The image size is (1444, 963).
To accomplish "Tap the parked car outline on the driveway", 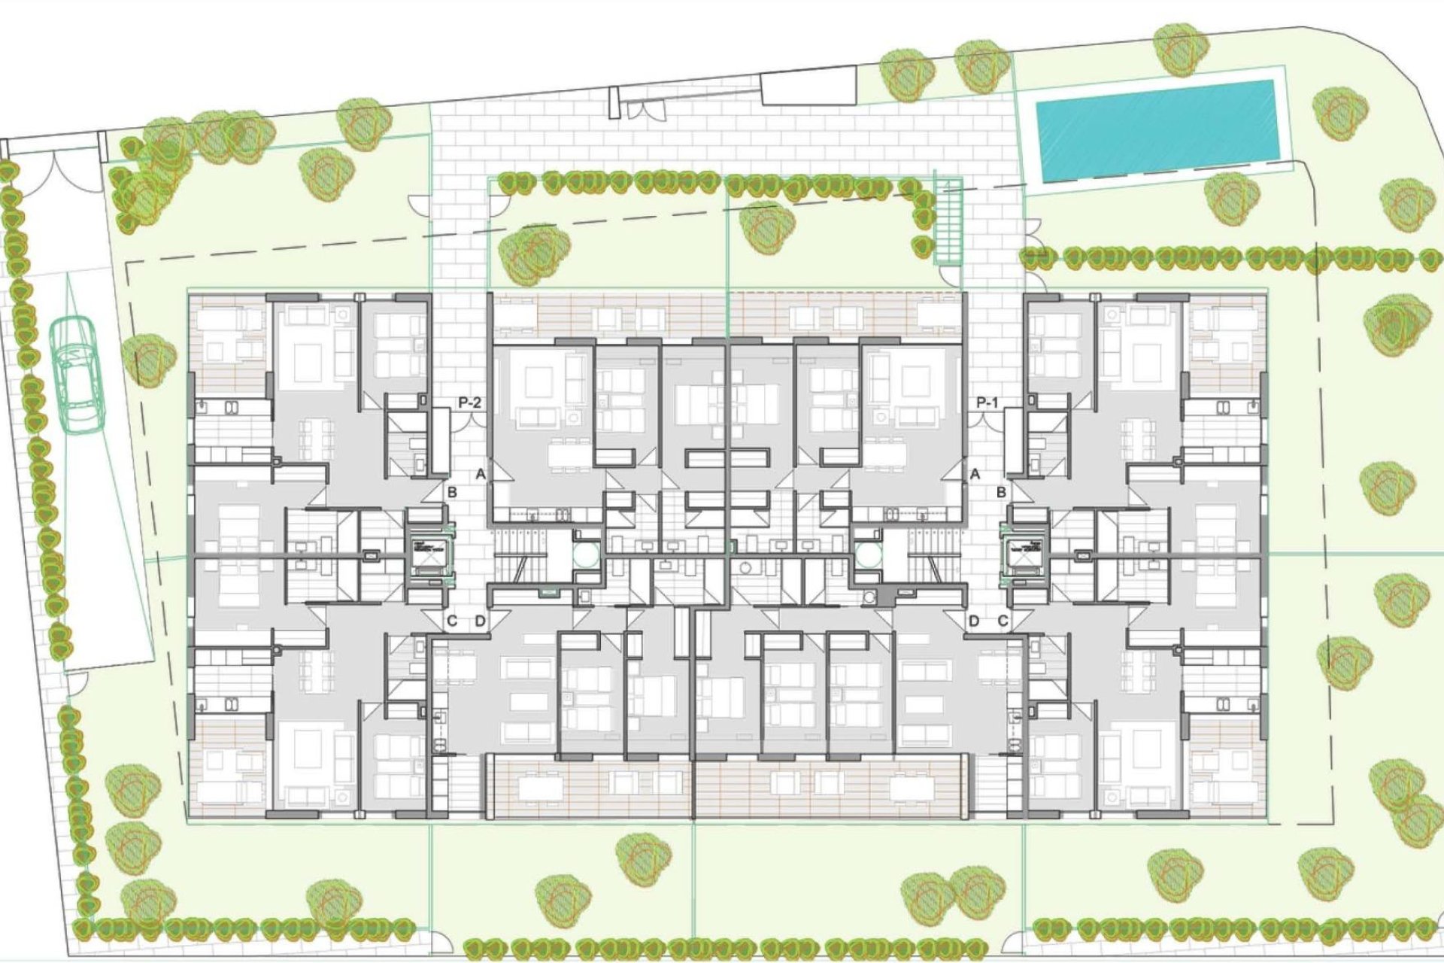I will [x=77, y=374].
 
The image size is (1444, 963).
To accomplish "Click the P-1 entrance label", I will [x=987, y=403].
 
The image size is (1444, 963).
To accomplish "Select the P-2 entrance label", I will [x=469, y=403].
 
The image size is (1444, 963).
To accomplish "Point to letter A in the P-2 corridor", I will [x=481, y=474].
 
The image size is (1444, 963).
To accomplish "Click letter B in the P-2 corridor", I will [x=452, y=493].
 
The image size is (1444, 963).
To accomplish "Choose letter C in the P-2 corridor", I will [x=452, y=621].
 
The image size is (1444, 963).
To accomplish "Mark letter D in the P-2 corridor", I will [x=481, y=621].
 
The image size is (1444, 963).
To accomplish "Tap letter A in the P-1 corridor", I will [x=975, y=474].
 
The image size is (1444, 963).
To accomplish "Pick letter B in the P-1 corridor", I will [x=1002, y=493].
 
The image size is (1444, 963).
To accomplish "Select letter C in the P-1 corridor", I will [x=1003, y=621].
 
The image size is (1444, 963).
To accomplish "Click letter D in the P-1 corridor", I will [x=974, y=621].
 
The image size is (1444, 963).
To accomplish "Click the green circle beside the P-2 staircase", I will [x=586, y=555].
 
